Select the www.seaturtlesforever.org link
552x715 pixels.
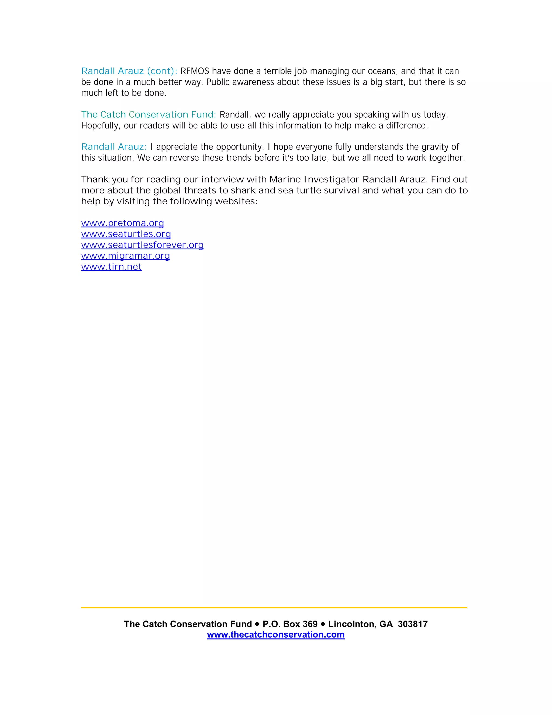pos(142,245)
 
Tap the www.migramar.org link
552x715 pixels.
pos(125,256)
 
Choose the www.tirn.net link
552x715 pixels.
pos(111,267)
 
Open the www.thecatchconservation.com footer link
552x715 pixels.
pos(276,635)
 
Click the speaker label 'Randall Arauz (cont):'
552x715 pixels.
pos(129,71)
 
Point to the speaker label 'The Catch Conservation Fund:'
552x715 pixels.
pos(149,115)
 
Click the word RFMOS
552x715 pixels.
pos(195,71)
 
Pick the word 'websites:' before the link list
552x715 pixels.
pos(236,201)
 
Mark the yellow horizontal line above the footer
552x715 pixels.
pos(274,608)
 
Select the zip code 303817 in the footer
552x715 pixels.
pos(413,624)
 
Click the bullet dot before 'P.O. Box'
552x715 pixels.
pos(257,624)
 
